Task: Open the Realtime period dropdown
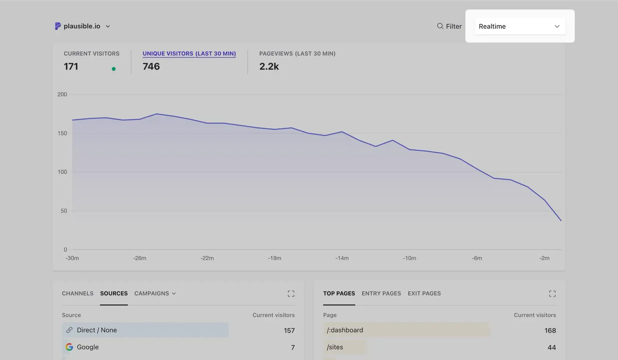coord(520,26)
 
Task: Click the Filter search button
coord(449,26)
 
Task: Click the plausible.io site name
coord(81,26)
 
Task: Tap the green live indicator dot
coord(114,69)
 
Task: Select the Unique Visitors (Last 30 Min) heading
coord(189,54)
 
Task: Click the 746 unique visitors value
coord(151,66)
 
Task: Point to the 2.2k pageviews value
coord(269,66)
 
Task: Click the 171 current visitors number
coord(71,66)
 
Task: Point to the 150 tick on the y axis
coord(62,133)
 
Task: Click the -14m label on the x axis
coord(342,258)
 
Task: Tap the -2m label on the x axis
coord(544,258)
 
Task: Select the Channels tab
coord(78,294)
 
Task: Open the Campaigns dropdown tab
coord(155,294)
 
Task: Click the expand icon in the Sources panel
coord(291,294)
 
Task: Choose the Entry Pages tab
coord(381,294)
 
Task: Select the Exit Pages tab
coord(424,294)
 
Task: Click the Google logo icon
coord(70,347)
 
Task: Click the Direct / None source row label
coord(97,330)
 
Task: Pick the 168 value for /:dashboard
coord(550,331)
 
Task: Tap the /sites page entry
coord(335,347)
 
